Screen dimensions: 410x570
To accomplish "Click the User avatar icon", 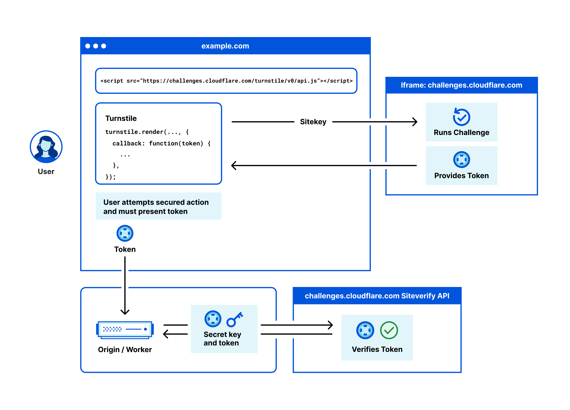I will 46,147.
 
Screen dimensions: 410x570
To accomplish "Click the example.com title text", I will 225,46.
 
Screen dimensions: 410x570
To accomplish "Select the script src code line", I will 226,81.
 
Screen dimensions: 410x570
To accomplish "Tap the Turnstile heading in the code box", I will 121,118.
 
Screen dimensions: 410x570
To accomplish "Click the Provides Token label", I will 461,176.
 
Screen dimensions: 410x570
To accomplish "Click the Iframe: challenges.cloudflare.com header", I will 461,85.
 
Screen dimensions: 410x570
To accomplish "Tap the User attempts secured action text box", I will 158,207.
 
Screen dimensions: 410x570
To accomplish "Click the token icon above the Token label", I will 125,233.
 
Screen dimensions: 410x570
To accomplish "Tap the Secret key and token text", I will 222,339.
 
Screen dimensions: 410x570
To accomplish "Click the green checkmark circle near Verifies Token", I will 389,330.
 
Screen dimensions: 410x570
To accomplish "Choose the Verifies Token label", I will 377,349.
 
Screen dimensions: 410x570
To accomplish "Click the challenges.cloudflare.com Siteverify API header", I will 377,296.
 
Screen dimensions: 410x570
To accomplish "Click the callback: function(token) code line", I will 161,143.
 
